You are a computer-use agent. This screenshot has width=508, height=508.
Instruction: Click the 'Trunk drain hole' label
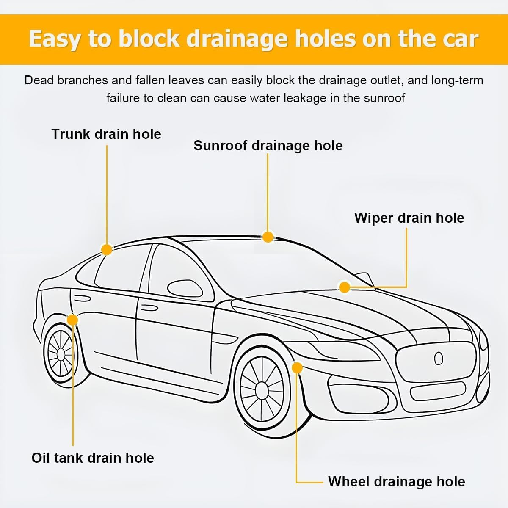[106, 134]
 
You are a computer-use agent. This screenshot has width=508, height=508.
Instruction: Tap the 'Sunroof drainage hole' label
[268, 146]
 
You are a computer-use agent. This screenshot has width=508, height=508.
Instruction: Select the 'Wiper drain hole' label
[409, 218]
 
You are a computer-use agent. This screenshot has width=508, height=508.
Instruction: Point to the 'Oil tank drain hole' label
[93, 458]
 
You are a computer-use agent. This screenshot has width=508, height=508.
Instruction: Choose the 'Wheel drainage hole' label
[396, 481]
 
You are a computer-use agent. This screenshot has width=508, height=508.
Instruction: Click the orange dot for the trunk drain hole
[107, 249]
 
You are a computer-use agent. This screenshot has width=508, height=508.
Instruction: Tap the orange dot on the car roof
[268, 237]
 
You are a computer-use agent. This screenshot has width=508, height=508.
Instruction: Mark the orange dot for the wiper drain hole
[345, 287]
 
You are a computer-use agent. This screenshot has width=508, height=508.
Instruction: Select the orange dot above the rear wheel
[72, 320]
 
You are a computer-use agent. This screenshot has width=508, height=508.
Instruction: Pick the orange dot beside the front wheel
[298, 368]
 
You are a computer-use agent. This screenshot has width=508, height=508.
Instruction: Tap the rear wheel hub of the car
[61, 353]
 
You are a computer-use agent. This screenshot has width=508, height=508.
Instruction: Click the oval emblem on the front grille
[439, 359]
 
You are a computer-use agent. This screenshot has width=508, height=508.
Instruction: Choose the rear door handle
[83, 298]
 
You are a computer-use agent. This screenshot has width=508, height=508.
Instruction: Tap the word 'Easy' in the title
[55, 39]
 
